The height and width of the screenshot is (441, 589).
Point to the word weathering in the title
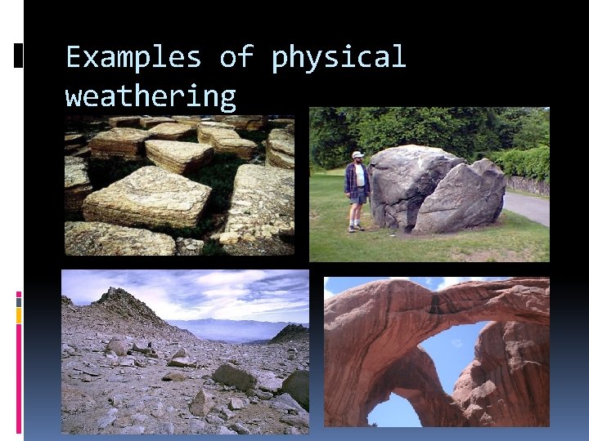point(150,97)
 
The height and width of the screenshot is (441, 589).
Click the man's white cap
point(357,154)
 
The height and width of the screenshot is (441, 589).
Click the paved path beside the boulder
point(529,207)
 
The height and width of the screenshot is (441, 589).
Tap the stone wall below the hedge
point(528,185)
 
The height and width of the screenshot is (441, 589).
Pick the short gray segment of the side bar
point(19,301)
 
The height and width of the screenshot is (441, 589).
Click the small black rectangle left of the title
point(19,55)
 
